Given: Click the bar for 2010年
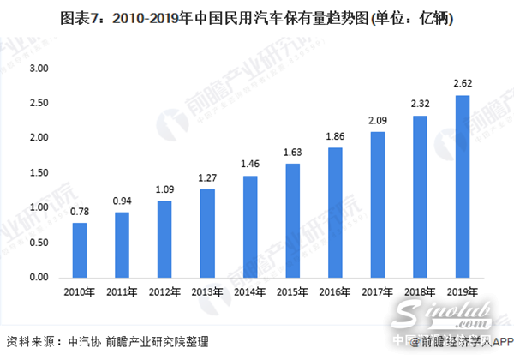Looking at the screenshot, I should click(79, 250).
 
